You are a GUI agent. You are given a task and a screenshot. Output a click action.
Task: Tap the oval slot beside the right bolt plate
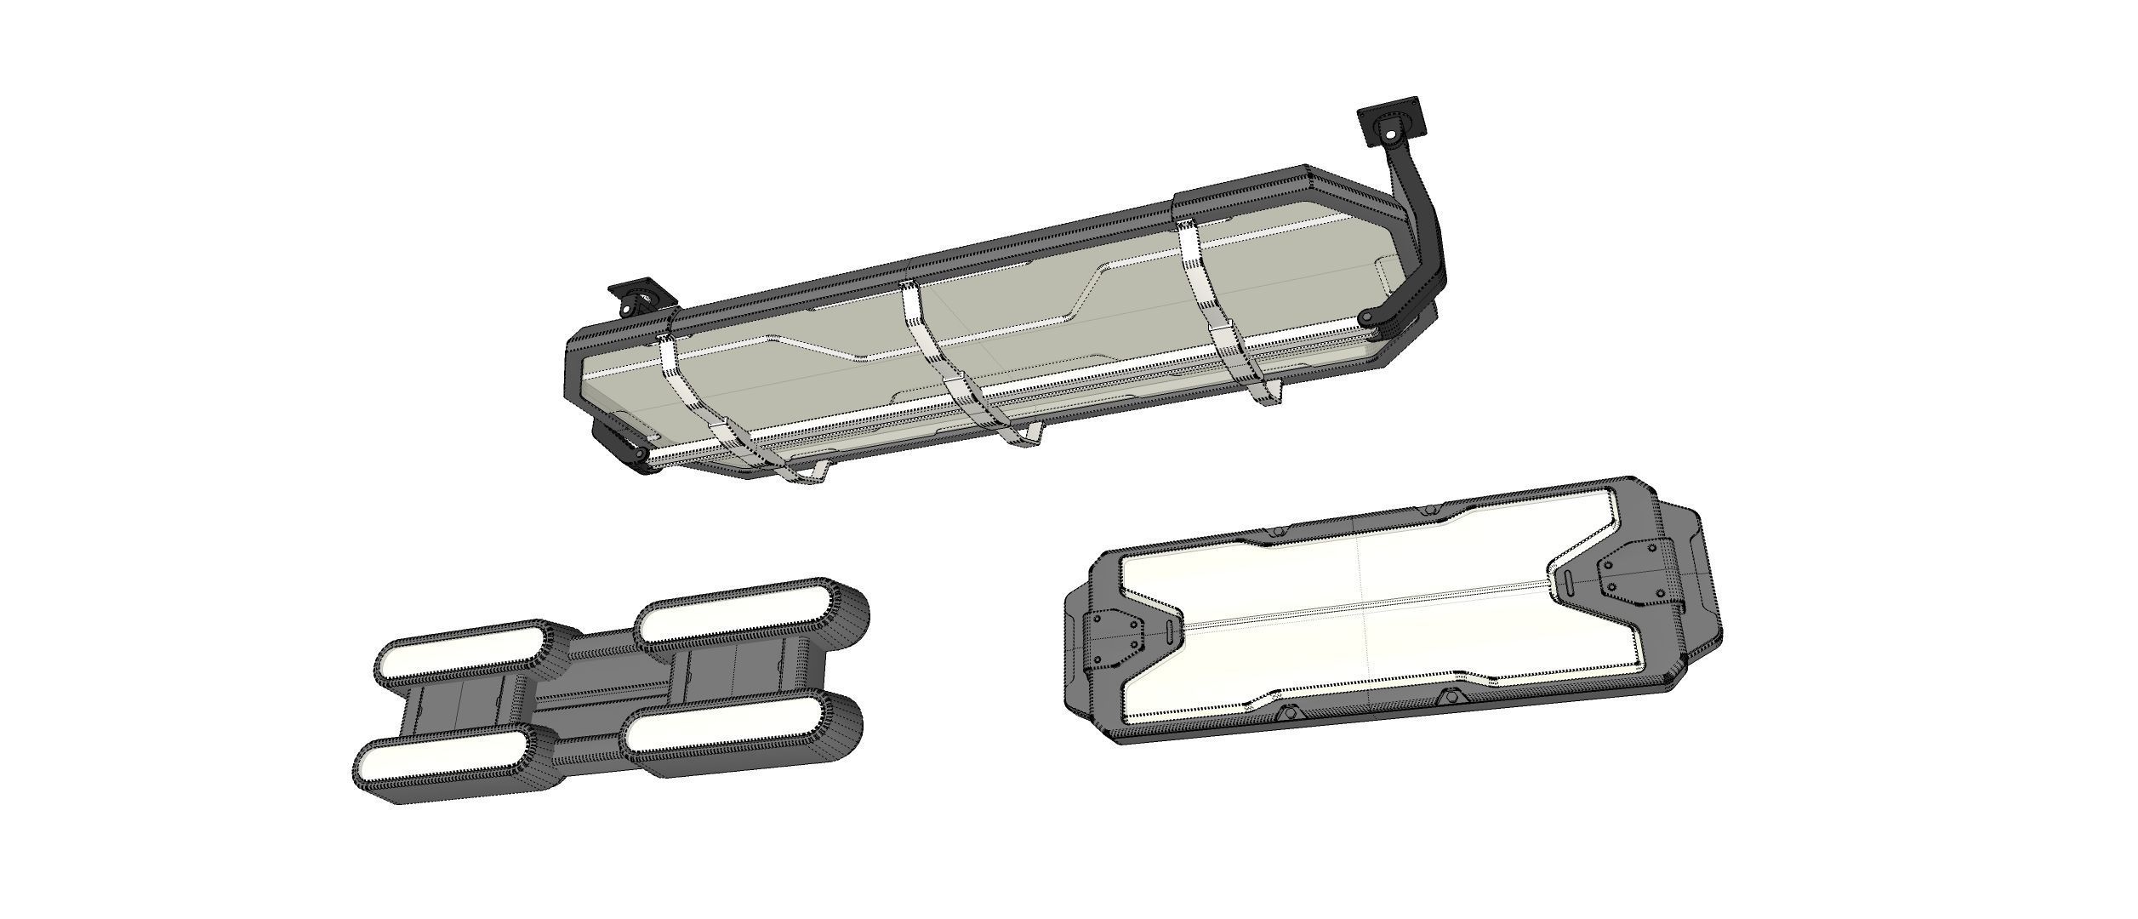(1568, 583)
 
